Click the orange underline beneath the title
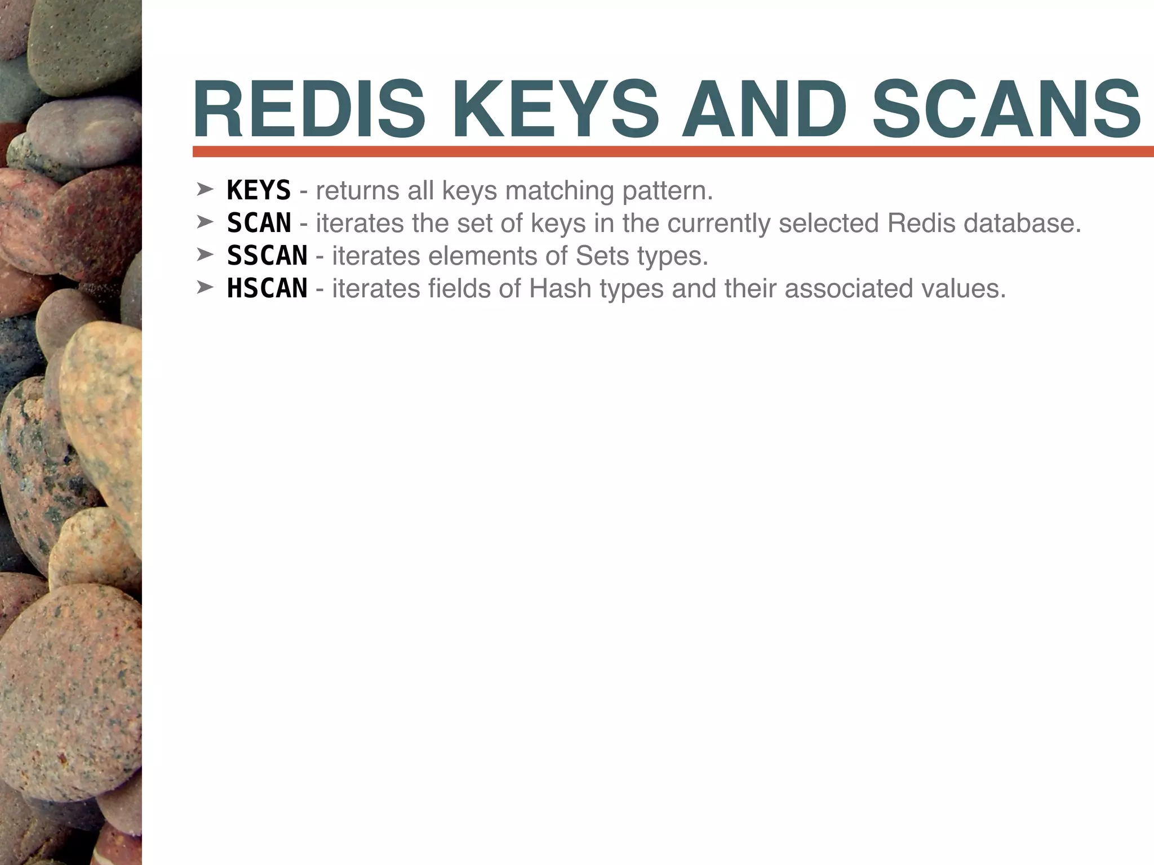(671, 151)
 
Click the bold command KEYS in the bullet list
(259, 190)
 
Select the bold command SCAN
(259, 223)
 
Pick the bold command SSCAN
(267, 256)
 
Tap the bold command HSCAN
(267, 288)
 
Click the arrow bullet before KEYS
(204, 190)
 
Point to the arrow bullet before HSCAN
(204, 288)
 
